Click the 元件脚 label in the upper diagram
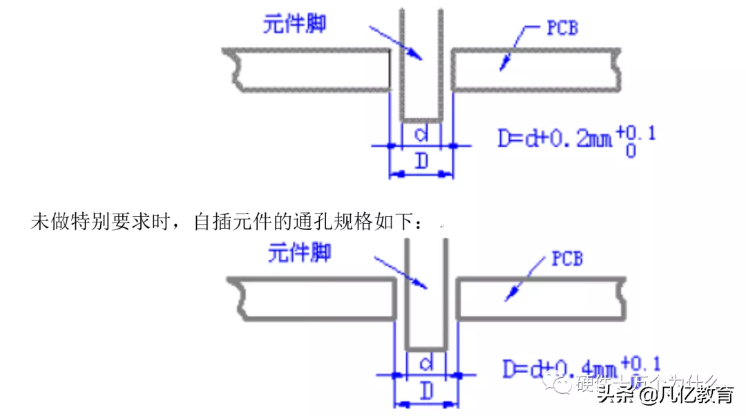pos(294,24)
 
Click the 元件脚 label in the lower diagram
pos(299,253)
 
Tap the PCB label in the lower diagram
pos(566,259)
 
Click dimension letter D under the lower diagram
pos(426,392)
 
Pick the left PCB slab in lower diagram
pos(314,299)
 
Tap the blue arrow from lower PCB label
pos(525,280)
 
